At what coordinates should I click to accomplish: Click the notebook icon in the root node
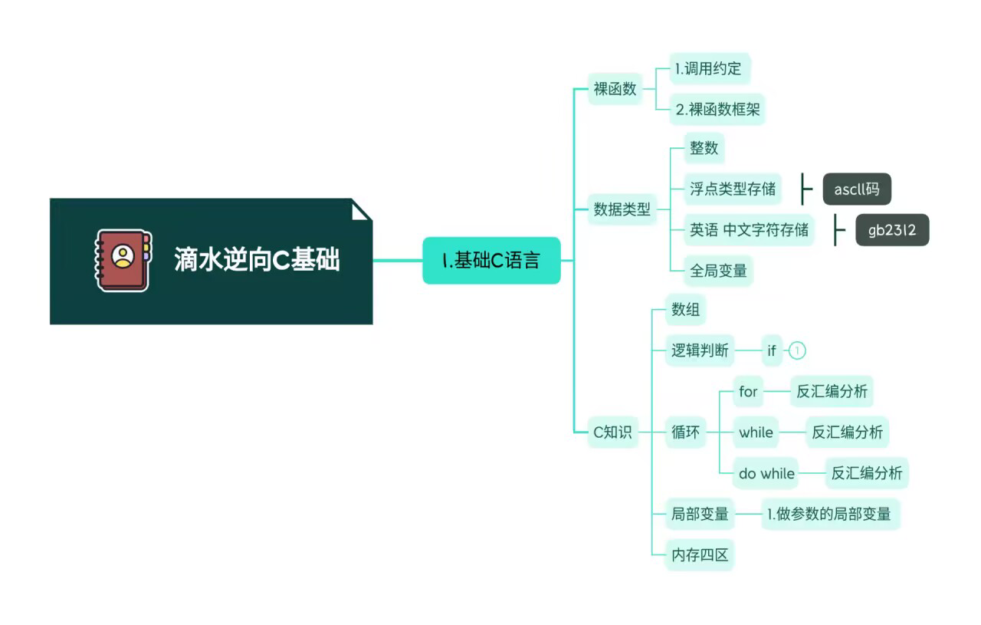[x=123, y=260]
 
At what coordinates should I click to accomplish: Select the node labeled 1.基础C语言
[x=491, y=261]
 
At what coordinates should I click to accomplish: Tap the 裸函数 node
[x=615, y=89]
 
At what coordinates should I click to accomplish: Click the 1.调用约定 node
[x=708, y=69]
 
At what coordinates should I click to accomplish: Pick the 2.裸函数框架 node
[x=718, y=110]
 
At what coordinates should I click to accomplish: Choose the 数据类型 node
[x=622, y=209]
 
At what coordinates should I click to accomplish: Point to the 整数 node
[x=704, y=148]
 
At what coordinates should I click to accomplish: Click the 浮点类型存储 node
[x=733, y=189]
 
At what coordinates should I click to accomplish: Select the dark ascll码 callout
[x=857, y=189]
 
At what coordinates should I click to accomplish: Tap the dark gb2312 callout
[x=892, y=230]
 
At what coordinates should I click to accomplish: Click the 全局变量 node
[x=718, y=271]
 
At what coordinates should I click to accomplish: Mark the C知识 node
[x=612, y=433]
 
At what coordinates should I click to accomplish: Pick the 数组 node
[x=685, y=310]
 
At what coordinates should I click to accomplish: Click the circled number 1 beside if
[x=797, y=351]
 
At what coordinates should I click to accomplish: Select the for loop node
[x=748, y=392]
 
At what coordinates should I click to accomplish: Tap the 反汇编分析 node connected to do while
[x=867, y=473]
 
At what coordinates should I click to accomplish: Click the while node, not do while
[x=756, y=433]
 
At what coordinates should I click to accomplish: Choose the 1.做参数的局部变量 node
[x=829, y=514]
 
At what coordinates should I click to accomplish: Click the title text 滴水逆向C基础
[x=257, y=261]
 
